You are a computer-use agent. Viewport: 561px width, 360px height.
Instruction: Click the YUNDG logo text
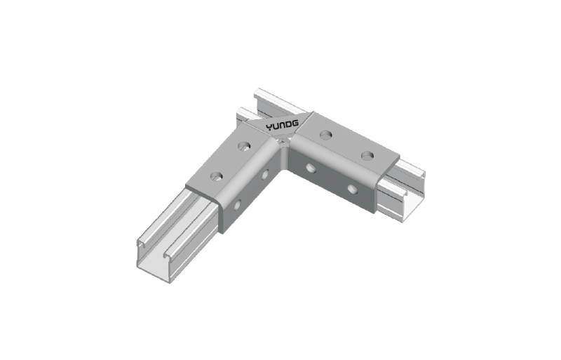(x=283, y=126)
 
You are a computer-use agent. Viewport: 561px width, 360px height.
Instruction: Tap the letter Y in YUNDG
(x=269, y=127)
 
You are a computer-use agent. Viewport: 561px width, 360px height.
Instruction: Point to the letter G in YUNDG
(x=295, y=124)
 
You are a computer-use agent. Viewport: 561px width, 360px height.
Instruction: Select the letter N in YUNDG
(x=283, y=126)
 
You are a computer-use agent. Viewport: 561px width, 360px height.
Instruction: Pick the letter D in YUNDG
(x=289, y=125)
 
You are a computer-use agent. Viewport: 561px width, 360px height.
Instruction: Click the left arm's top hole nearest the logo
(x=243, y=145)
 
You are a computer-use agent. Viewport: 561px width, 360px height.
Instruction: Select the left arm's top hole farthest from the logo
(x=217, y=176)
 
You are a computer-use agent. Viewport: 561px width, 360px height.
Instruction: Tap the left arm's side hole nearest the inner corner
(x=265, y=174)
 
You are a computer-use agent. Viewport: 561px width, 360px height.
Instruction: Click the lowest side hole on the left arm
(x=237, y=205)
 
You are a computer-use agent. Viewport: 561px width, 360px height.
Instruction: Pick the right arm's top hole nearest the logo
(x=325, y=135)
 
